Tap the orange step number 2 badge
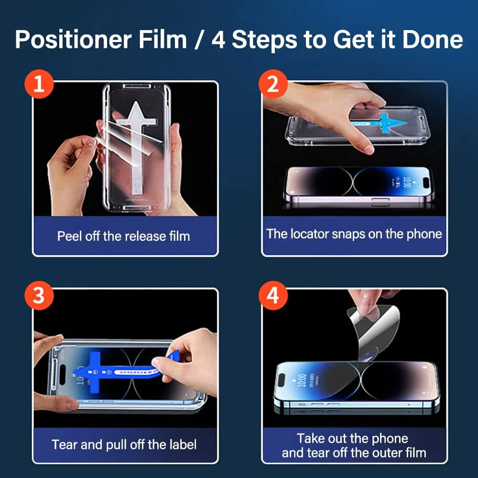(x=272, y=85)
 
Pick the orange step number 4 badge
(x=272, y=295)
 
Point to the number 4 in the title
(x=218, y=39)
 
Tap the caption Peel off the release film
(x=123, y=236)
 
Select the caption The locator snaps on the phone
(x=354, y=234)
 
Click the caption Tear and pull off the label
(x=124, y=445)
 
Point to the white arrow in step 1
(x=136, y=139)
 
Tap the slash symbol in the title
(x=199, y=39)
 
